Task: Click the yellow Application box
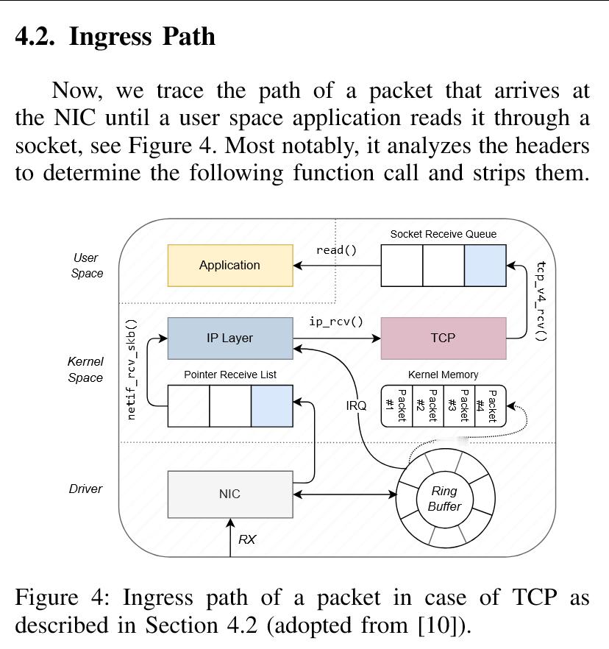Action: point(230,265)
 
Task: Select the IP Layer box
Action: point(230,338)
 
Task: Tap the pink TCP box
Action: point(443,338)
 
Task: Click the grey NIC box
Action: point(230,494)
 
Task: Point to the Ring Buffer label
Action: point(444,498)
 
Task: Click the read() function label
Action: point(336,250)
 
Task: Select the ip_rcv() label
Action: point(336,322)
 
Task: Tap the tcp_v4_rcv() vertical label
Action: point(541,301)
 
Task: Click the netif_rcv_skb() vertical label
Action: point(132,369)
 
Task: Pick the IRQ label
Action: point(356,405)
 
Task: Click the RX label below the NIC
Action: point(247,539)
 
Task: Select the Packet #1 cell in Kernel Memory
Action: point(396,405)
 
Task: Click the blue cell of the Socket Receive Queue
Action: point(485,266)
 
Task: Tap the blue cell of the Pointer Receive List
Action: point(271,405)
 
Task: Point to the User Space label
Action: point(87,265)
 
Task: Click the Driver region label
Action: point(86,489)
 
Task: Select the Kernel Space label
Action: point(86,369)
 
